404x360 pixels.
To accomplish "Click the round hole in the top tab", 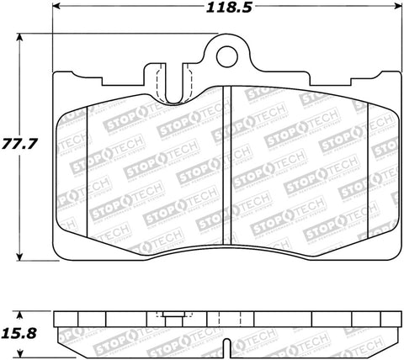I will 226,57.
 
